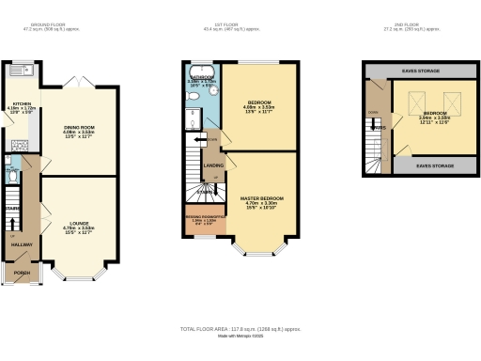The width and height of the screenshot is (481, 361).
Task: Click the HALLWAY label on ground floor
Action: (x=21, y=243)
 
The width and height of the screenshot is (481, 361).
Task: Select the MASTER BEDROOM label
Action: (x=263, y=198)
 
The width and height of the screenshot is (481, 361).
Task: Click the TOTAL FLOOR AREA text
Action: (x=240, y=329)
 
